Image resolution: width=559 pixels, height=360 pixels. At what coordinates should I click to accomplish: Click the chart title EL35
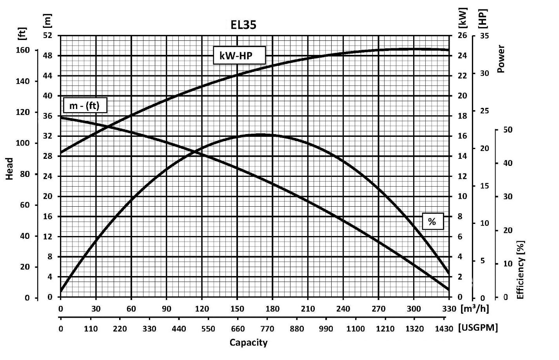point(243,25)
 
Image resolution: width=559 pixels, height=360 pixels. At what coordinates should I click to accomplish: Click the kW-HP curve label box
point(239,56)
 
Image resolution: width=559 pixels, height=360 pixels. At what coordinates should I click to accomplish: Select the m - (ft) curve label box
point(84,105)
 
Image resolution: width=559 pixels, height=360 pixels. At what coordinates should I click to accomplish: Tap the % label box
point(432,222)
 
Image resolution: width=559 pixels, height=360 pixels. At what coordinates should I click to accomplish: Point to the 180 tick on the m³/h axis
point(272,309)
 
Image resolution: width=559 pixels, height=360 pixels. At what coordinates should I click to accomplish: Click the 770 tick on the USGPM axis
point(272,329)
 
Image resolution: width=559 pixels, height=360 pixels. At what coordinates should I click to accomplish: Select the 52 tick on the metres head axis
point(47,36)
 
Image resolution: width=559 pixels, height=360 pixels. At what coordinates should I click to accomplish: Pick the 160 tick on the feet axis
point(23,50)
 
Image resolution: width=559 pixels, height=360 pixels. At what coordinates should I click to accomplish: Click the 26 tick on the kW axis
point(463,36)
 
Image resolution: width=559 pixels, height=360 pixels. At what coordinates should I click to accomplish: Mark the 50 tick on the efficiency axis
point(508,130)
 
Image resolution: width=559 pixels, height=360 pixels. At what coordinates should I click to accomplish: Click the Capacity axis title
point(249,343)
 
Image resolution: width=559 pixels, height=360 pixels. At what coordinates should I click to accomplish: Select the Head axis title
point(10,169)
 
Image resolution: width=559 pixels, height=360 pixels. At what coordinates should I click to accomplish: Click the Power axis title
point(501,59)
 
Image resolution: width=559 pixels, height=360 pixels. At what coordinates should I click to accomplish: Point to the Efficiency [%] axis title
point(521,270)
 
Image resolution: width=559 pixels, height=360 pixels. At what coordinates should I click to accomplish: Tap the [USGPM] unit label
point(478,328)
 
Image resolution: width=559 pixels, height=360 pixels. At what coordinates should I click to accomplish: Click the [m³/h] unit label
point(475,308)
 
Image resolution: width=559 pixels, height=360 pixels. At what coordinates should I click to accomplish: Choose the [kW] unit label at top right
point(463,18)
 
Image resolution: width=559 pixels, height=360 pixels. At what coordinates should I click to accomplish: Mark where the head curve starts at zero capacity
point(61,117)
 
